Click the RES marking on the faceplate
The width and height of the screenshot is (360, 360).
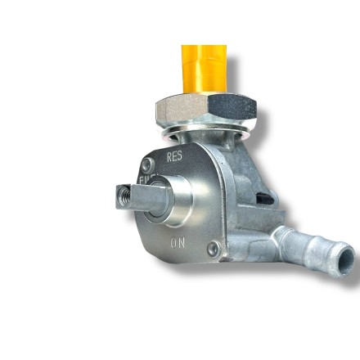coord(174,155)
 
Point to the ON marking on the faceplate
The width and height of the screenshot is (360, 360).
coord(178,243)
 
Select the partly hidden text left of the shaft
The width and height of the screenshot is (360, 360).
coord(145,180)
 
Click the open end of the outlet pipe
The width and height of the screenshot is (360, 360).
coord(346,263)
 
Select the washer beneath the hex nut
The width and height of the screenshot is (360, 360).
coord(205,131)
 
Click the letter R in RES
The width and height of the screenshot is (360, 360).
coord(169,155)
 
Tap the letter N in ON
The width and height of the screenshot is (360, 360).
coord(182,243)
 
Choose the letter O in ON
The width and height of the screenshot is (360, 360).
coord(173,243)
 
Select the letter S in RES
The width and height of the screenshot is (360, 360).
coord(180,155)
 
